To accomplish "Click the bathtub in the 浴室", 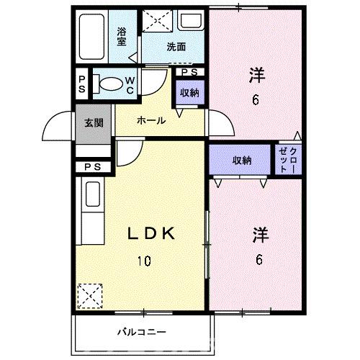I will point(93,37).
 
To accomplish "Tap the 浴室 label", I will point(122,36).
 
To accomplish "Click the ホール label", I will point(151,120).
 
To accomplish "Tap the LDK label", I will point(153,233).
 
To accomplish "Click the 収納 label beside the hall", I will point(189,93).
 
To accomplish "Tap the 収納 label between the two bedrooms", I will point(241,160).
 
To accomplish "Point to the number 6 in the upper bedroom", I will point(256,100).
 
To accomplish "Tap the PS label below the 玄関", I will point(92,168).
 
